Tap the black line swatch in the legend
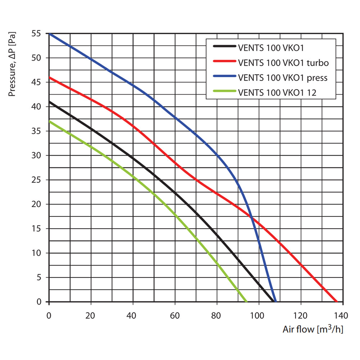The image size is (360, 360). click(x=224, y=47)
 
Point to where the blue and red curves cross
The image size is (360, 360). click(x=251, y=216)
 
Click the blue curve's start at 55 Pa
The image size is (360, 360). click(x=49, y=33)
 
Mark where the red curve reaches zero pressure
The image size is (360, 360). click(x=336, y=302)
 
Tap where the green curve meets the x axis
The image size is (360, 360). click(x=246, y=302)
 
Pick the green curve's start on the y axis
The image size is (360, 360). click(x=49, y=121)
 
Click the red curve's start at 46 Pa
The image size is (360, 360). click(x=49, y=77)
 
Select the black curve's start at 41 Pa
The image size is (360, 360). click(x=49, y=102)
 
